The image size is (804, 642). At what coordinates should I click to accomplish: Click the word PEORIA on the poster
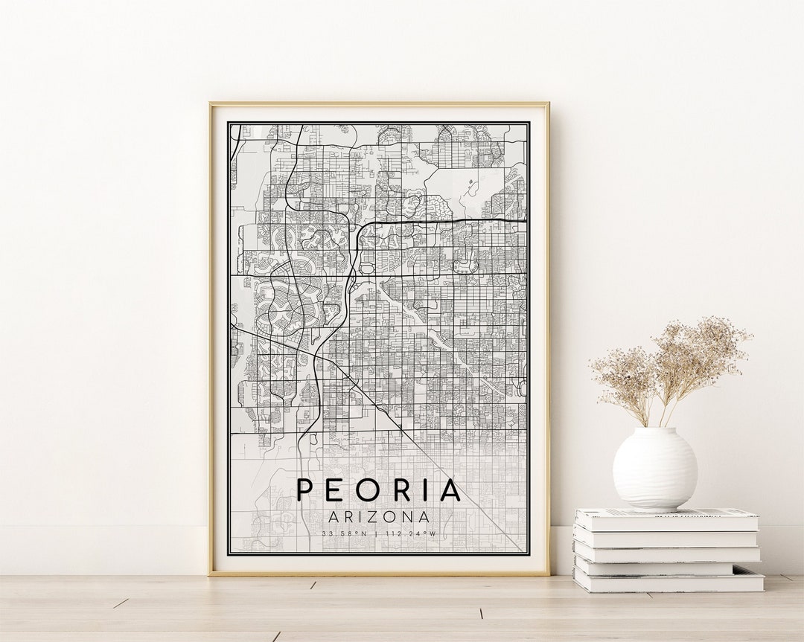(x=379, y=490)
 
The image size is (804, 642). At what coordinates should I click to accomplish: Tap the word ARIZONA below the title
(x=379, y=516)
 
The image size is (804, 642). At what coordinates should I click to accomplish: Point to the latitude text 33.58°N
(x=344, y=533)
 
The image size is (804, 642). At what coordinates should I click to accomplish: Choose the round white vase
(x=654, y=469)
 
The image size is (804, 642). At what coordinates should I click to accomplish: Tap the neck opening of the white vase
(x=655, y=430)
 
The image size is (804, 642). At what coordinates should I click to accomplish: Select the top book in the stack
(x=666, y=519)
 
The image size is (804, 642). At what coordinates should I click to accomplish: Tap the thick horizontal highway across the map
(x=447, y=221)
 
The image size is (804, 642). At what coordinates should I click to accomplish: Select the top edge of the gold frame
(x=379, y=103)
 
